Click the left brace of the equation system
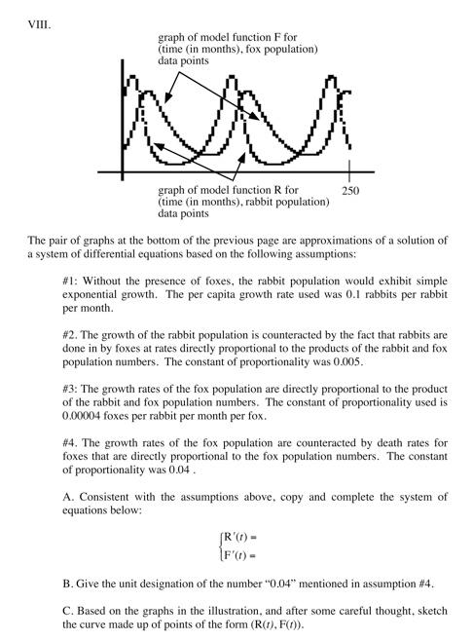220,546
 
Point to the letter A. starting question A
67,496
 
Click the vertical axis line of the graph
124,117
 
